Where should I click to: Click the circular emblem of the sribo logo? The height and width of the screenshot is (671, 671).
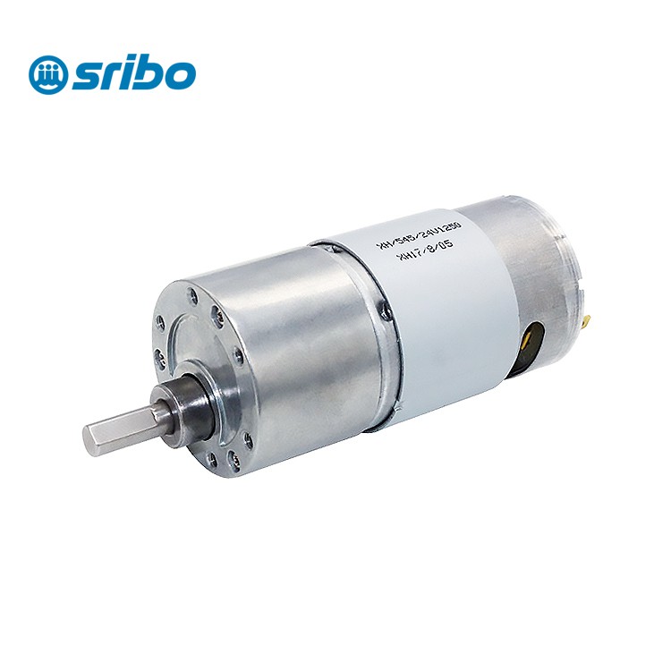click(x=47, y=74)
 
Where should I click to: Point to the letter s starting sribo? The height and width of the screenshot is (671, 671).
click(x=88, y=77)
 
